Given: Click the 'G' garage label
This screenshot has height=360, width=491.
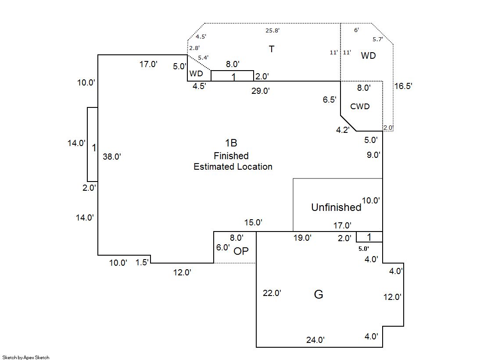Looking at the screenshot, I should [x=319, y=294].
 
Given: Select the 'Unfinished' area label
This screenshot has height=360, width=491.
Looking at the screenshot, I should [x=336, y=207].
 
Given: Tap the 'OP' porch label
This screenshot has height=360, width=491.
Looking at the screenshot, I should [x=241, y=251].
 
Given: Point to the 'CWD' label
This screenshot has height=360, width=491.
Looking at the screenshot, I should [x=360, y=107].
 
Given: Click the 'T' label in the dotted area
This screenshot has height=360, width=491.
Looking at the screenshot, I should [x=272, y=49].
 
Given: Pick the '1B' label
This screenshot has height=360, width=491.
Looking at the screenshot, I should [x=231, y=143].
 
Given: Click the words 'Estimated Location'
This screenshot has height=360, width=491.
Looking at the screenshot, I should [x=233, y=167].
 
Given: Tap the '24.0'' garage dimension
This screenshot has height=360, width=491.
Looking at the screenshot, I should [x=315, y=339].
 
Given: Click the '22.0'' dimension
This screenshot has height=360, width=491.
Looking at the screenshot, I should [x=272, y=293].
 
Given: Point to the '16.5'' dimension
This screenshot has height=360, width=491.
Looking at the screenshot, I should [x=403, y=86].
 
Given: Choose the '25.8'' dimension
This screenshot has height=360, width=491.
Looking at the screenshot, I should [x=272, y=31].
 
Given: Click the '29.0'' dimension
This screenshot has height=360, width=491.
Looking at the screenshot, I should [x=260, y=91].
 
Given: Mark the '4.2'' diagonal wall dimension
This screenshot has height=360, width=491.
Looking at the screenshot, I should [x=343, y=130].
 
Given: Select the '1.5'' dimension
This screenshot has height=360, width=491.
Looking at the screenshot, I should [x=142, y=262].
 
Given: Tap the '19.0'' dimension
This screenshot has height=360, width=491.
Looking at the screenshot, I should [x=302, y=238].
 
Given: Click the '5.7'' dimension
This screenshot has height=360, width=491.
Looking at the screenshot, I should [x=377, y=39].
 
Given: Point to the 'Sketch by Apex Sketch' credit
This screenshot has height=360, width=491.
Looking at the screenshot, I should [x=25, y=357].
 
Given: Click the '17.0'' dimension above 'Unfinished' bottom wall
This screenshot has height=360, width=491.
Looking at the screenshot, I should [x=342, y=225].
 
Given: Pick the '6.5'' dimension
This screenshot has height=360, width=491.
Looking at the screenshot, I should [x=330, y=100].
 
